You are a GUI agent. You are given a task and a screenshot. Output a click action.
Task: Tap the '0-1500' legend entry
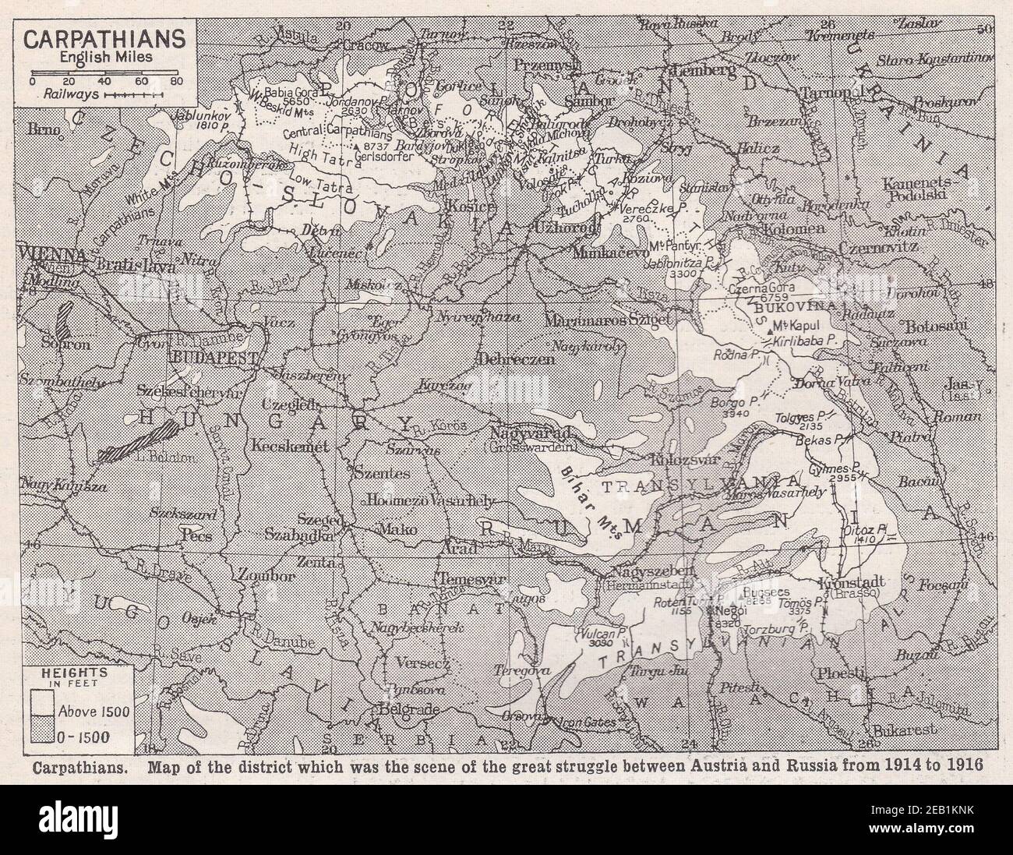click(x=44, y=734)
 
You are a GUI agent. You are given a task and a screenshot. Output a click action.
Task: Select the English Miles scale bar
click(x=106, y=79)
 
